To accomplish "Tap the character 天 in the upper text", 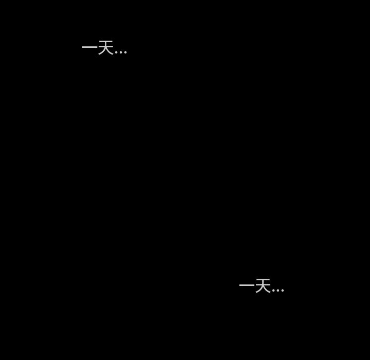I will (105, 48).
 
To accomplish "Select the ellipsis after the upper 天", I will (121, 52).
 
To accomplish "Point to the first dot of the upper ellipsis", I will (117, 52).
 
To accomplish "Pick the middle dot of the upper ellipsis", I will (121, 52).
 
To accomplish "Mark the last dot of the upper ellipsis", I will (125, 52).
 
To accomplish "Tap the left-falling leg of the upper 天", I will (101, 52).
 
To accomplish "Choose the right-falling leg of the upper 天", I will (110, 52).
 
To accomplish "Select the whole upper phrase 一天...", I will (98, 48).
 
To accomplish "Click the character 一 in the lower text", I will (247, 285).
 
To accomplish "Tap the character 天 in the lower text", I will (263, 285).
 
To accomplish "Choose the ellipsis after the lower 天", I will (278, 291).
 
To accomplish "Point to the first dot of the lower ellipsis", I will (274, 291).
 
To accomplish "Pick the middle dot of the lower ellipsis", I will (278, 291).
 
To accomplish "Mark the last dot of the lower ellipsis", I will (282, 291).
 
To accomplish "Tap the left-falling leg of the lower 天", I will (258, 291).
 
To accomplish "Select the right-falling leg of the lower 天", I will (267, 291).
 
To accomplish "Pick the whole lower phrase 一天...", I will (255, 285).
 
